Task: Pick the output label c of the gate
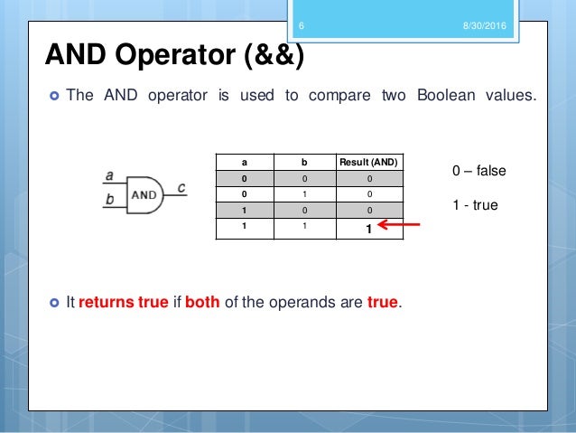click(x=181, y=187)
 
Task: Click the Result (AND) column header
click(x=368, y=162)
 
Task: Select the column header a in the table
click(x=244, y=162)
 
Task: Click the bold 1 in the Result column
click(x=368, y=230)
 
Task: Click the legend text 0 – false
click(x=479, y=170)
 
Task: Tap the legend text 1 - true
click(x=475, y=205)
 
